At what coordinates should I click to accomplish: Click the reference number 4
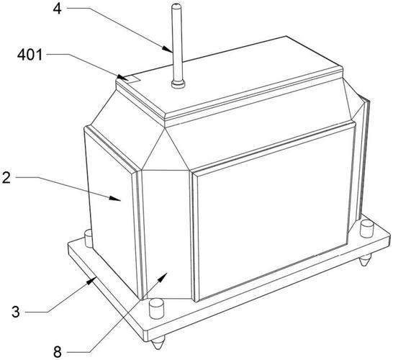pyautogui.click(x=57, y=9)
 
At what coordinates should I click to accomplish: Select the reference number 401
pyautogui.click(x=30, y=55)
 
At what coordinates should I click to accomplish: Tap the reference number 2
pyautogui.click(x=6, y=178)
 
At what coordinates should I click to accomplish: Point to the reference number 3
pyautogui.click(x=16, y=312)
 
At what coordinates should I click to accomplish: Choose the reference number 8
pyautogui.click(x=57, y=352)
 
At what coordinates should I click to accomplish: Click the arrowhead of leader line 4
pyautogui.click(x=168, y=49)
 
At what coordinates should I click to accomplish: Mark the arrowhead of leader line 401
pyautogui.click(x=123, y=77)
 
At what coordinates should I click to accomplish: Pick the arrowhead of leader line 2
pyautogui.click(x=115, y=198)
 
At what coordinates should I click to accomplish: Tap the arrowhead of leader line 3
pyautogui.click(x=91, y=282)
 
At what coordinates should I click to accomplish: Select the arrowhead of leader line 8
pyautogui.click(x=163, y=277)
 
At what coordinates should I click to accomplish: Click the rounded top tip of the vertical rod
pyautogui.click(x=176, y=4)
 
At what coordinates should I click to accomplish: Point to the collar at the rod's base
pyautogui.click(x=179, y=84)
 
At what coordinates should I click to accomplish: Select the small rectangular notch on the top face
pyautogui.click(x=133, y=78)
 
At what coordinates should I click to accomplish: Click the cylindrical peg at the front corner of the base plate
pyautogui.click(x=156, y=308)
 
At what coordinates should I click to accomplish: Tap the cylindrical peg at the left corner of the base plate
pyautogui.click(x=89, y=238)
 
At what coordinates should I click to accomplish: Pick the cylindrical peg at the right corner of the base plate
pyautogui.click(x=366, y=228)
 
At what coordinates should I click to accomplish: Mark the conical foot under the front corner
pyautogui.click(x=158, y=343)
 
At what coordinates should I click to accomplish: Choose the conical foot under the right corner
pyautogui.click(x=366, y=260)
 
